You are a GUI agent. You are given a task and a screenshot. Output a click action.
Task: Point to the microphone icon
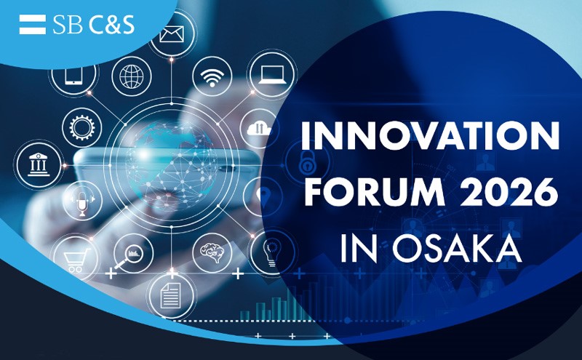(81, 199)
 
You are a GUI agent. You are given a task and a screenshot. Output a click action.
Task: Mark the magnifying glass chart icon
(132, 252)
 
